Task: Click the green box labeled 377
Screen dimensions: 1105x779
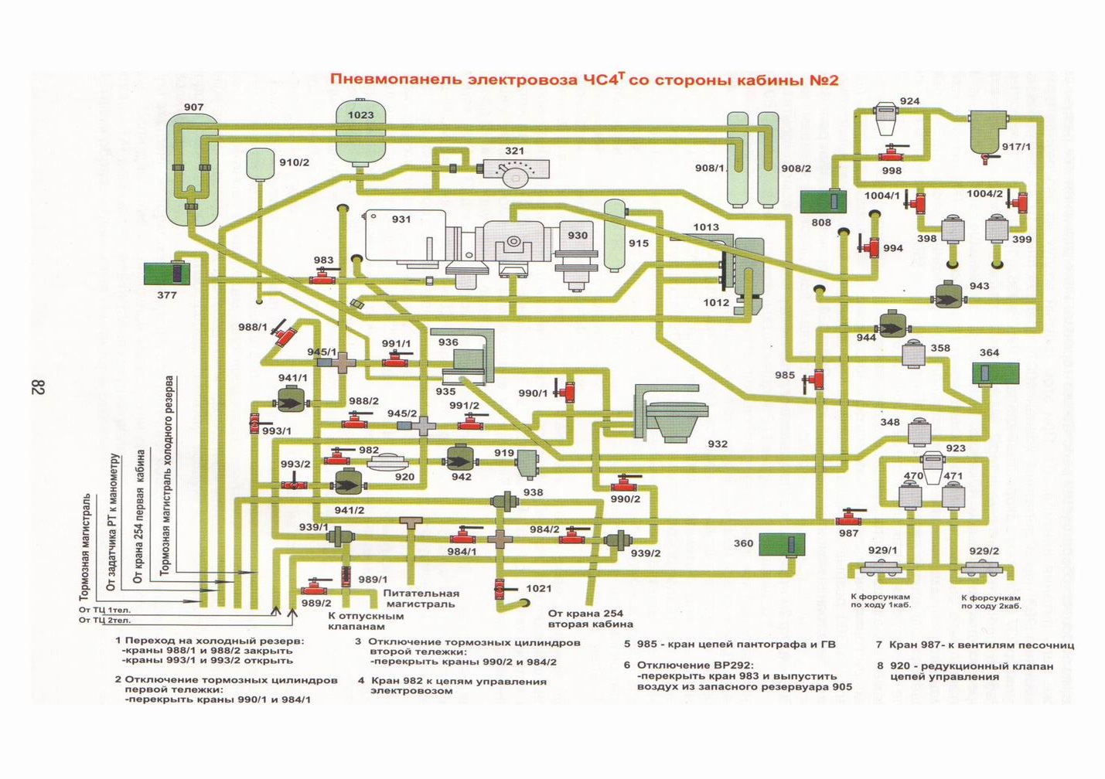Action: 167,274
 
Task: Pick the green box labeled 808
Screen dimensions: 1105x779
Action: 824,202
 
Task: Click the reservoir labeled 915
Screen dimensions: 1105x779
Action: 616,236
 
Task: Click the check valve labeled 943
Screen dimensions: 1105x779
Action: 948,295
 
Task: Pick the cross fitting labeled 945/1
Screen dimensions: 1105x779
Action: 339,363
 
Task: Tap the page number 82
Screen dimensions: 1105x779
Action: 39,387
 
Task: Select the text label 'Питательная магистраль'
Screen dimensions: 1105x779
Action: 421,599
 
